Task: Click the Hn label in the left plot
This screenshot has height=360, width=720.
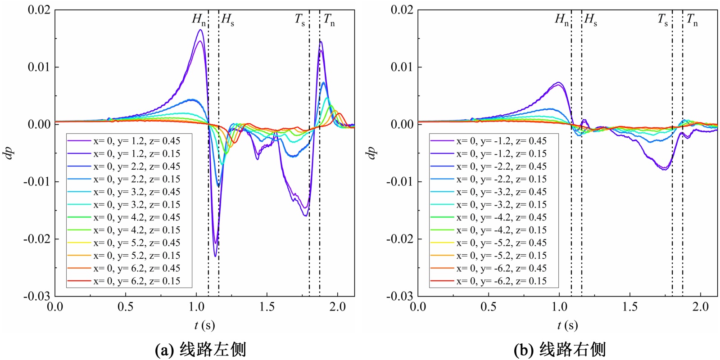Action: click(x=199, y=20)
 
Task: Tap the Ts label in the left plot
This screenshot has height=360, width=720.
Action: click(x=300, y=20)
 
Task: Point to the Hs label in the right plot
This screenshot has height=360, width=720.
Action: click(x=591, y=20)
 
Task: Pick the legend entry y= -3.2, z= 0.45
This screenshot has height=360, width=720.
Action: click(x=501, y=192)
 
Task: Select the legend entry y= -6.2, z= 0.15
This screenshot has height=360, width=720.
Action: click(x=501, y=281)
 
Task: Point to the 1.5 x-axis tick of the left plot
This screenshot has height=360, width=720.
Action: click(x=267, y=307)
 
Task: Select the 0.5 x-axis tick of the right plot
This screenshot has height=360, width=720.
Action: click(x=489, y=307)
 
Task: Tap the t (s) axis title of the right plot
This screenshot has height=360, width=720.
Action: click(x=567, y=325)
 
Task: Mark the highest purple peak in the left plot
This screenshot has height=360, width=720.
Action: click(x=200, y=30)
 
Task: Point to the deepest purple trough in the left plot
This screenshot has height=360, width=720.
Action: click(x=216, y=256)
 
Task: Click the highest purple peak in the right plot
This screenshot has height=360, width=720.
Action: click(x=558, y=82)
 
